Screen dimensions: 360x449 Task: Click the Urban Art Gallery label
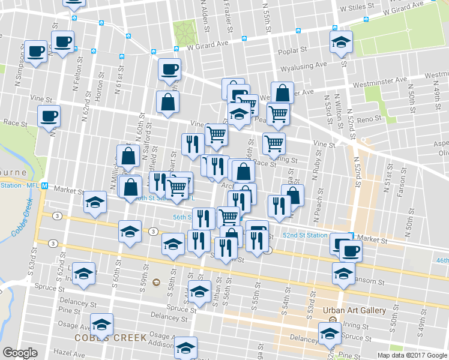tap(354, 310)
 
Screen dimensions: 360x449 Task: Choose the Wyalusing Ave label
tap(303, 64)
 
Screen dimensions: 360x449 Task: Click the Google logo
tap(20, 353)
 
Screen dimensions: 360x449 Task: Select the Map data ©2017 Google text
tap(412, 355)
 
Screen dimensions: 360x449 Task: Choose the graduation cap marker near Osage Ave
tap(102, 325)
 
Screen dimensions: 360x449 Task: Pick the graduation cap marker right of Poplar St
tap(341, 42)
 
